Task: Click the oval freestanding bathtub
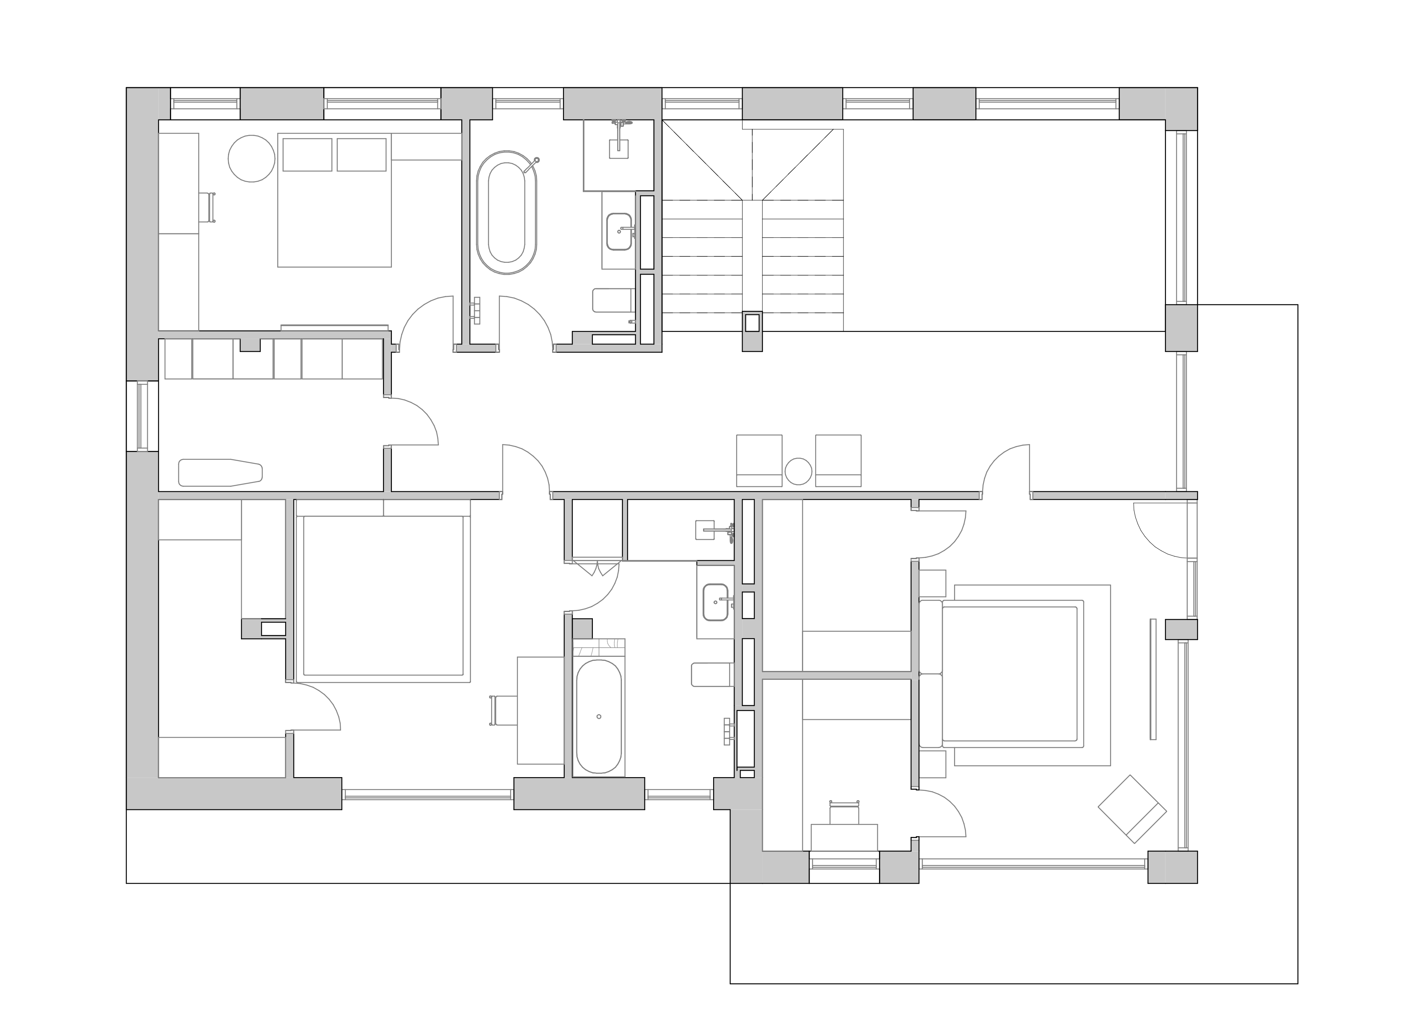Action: click(506, 213)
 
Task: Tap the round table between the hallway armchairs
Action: click(798, 471)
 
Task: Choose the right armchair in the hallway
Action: click(838, 460)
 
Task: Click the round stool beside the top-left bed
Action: click(251, 159)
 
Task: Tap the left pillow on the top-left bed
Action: click(307, 155)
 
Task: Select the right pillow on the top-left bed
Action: click(362, 155)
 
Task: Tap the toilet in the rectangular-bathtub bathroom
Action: click(712, 675)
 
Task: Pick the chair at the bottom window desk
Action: click(844, 813)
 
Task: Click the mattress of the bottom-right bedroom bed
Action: click(1012, 673)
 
